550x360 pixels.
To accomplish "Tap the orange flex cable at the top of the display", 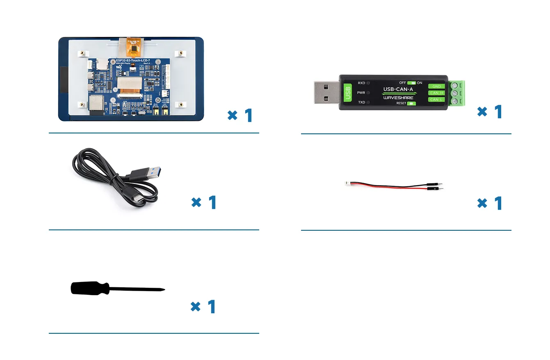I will (x=130, y=47).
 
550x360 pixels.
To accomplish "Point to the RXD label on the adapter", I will (x=361, y=83).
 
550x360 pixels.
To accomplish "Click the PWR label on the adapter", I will (x=361, y=93).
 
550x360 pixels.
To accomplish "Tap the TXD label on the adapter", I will (x=361, y=102).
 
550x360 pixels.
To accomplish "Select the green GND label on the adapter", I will (x=436, y=86).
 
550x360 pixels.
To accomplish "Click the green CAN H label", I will (x=436, y=93).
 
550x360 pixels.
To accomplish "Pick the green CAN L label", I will (x=436, y=99).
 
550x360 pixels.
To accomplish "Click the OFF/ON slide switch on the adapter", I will (x=411, y=83).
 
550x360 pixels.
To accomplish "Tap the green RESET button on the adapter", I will (x=411, y=103).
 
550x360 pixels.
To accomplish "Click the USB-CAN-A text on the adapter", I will (x=398, y=89).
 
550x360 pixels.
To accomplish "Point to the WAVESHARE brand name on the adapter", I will (x=398, y=98).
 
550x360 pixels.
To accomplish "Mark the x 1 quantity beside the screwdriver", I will (x=203, y=307).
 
